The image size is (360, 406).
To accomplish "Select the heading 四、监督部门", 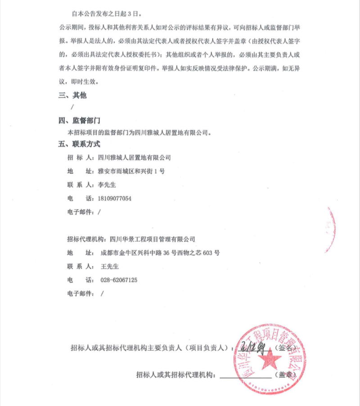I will pyautogui.click(x=79, y=121).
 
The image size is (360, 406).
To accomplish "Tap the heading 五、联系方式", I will pyautogui.click(x=79, y=144).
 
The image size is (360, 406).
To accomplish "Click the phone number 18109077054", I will pyautogui.click(x=114, y=198).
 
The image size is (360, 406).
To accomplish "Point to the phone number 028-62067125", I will pyautogui.click(x=119, y=280).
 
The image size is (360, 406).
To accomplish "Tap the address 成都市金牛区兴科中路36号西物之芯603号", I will pyautogui.click(x=160, y=253).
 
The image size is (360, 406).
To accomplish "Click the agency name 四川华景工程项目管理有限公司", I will pyautogui.click(x=152, y=239).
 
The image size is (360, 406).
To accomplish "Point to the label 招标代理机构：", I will pyautogui.click(x=86, y=239).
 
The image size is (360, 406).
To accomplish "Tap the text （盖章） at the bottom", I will pyautogui.click(x=288, y=374).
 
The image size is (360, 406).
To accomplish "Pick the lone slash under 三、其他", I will pyautogui.click(x=72, y=108).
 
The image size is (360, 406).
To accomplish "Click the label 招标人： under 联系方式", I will pyautogui.click(x=81, y=158).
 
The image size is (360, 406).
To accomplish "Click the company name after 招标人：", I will pyautogui.click(x=134, y=158).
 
